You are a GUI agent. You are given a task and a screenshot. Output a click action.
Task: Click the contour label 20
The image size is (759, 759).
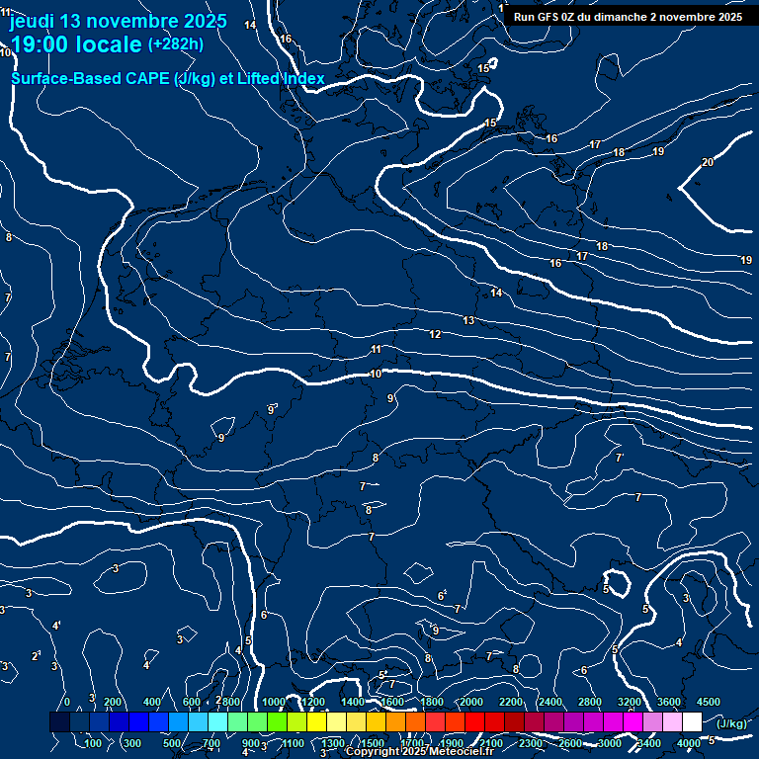pos(707,162)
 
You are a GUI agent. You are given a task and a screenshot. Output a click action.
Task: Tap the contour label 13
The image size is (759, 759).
pos(468,321)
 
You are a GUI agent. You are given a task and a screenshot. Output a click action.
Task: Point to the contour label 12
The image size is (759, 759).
pos(435,335)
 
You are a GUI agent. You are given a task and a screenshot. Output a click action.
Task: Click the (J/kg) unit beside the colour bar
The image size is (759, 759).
pos(731,724)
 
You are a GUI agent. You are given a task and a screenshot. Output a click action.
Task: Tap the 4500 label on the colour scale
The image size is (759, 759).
pos(708,702)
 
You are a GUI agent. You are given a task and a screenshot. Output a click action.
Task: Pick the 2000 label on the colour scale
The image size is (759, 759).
pos(470,702)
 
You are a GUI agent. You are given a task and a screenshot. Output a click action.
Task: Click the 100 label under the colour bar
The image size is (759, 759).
pos(94,743)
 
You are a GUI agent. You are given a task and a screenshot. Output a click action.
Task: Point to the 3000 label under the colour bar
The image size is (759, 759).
pos(610,743)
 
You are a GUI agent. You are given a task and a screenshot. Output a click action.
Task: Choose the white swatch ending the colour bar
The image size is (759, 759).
pos(692,722)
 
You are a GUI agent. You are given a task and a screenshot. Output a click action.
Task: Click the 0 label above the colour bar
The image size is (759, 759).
pos(67,702)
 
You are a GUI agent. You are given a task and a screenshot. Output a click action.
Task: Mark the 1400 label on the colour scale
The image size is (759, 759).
pos(352,702)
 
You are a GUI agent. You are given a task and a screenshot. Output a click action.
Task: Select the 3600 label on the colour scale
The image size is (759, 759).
pos(669,702)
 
